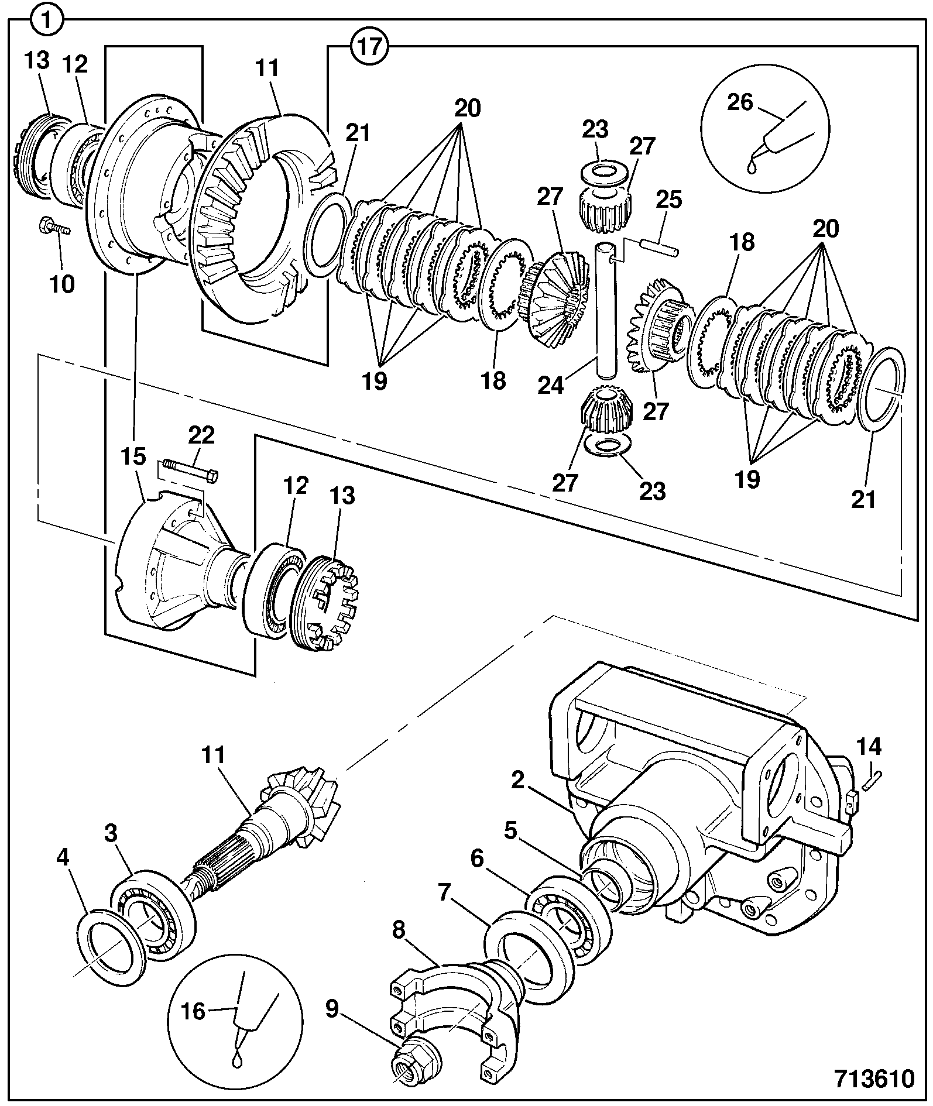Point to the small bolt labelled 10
pyautogui.click(x=54, y=226)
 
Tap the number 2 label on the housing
pyautogui.click(x=517, y=781)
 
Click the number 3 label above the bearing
pyautogui.click(x=112, y=834)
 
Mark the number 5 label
pyautogui.click(x=512, y=832)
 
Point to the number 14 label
pyautogui.click(x=869, y=747)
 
